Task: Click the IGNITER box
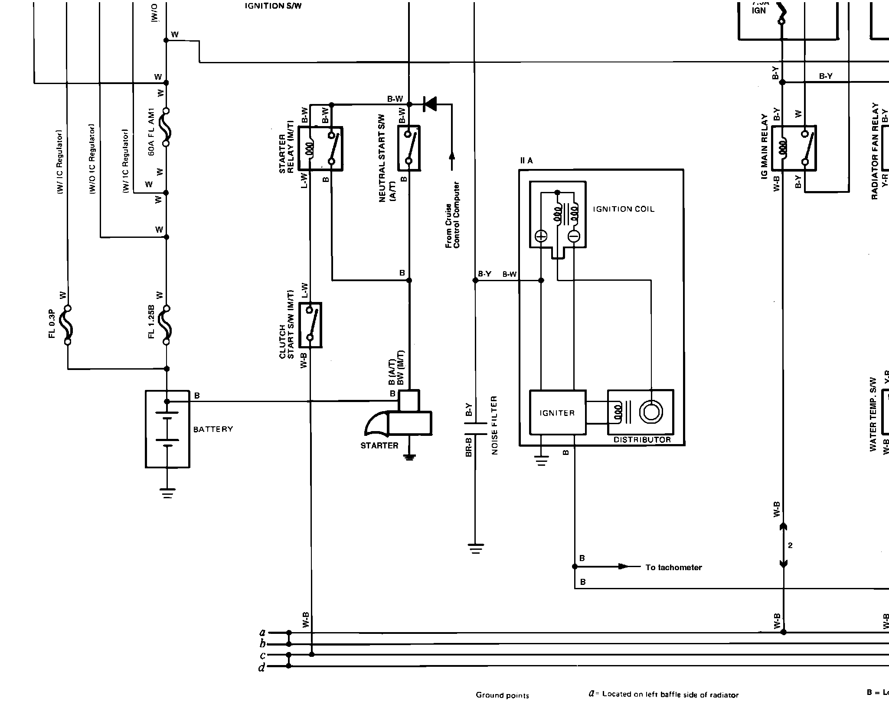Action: pyautogui.click(x=557, y=412)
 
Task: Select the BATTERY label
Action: pyautogui.click(x=213, y=429)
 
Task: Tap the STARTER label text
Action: pyautogui.click(x=379, y=445)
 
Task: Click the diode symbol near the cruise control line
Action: pyautogui.click(x=430, y=104)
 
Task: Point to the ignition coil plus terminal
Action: pyautogui.click(x=541, y=236)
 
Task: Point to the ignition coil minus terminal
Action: pyautogui.click(x=574, y=236)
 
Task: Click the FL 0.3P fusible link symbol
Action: pyautogui.click(x=67, y=325)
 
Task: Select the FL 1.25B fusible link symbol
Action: pyautogui.click(x=167, y=325)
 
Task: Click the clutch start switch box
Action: pyautogui.click(x=310, y=325)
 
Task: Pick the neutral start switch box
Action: pyautogui.click(x=409, y=148)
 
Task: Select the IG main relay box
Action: pyautogui.click(x=794, y=148)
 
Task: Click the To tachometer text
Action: pyautogui.click(x=673, y=568)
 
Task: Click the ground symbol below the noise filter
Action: pyautogui.click(x=476, y=549)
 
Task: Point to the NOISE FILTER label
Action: pyautogui.click(x=495, y=425)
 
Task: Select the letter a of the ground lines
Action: pyautogui.click(x=262, y=633)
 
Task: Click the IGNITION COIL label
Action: pyautogui.click(x=623, y=209)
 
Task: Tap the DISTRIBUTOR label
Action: pyautogui.click(x=642, y=440)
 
